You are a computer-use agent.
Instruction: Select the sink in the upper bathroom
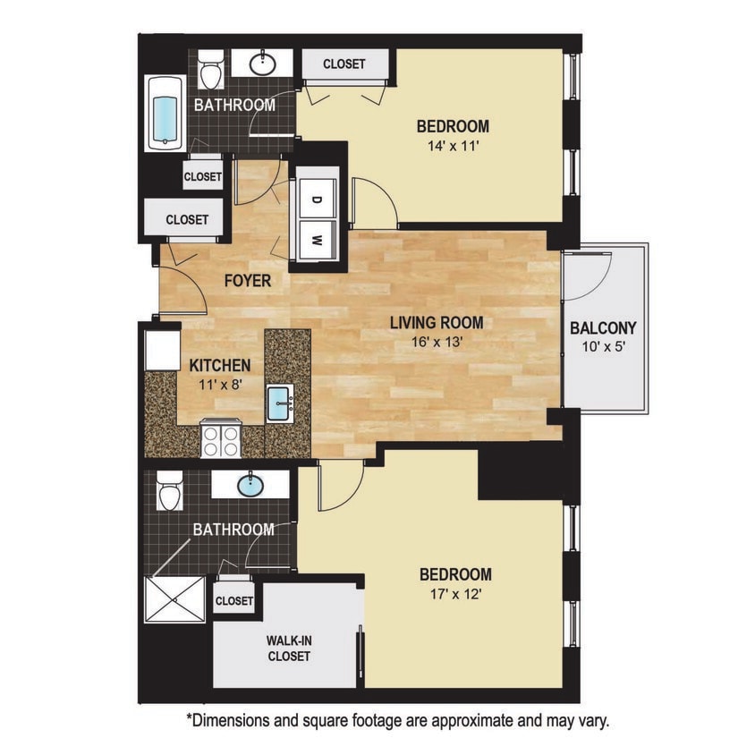[261, 64]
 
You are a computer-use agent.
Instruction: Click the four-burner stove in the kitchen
[221, 439]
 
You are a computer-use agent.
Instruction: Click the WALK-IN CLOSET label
[288, 649]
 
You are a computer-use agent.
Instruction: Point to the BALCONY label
[603, 327]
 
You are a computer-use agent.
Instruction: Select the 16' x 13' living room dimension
[436, 341]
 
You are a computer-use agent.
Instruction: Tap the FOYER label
[248, 280]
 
